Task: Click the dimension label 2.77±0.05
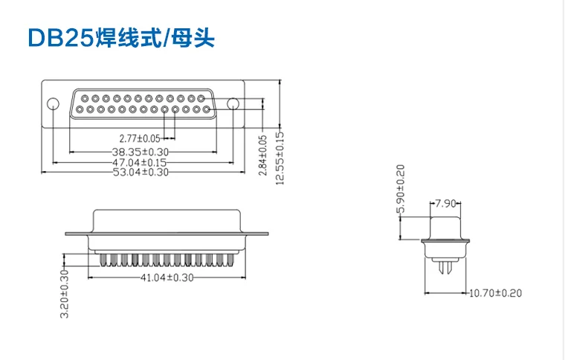pyautogui.click(x=140, y=138)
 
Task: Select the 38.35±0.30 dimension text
pyautogui.click(x=138, y=152)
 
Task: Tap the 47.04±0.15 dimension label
pyautogui.click(x=138, y=161)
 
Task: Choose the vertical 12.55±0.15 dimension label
pyautogui.click(x=280, y=158)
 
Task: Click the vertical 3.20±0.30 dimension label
pyautogui.click(x=64, y=294)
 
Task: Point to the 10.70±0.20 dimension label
pyautogui.click(x=495, y=293)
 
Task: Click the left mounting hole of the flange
pyautogui.click(x=53, y=104)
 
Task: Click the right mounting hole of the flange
pyautogui.click(x=233, y=104)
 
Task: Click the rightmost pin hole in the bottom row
pyautogui.click(x=196, y=109)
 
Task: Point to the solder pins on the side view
pyautogui.click(x=445, y=265)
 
